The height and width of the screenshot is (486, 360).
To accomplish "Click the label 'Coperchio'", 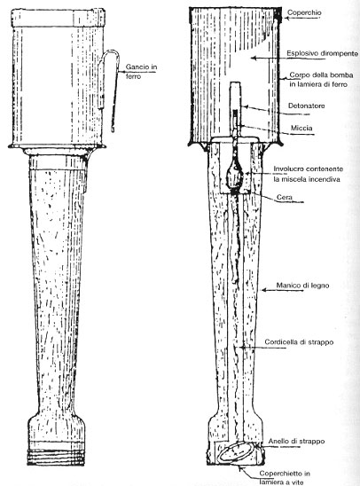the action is (304, 13).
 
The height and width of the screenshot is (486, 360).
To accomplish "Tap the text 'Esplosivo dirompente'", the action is (322, 53).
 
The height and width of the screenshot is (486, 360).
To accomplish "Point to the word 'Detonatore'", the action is (307, 106).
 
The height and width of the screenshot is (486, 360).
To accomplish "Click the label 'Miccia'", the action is (301, 128).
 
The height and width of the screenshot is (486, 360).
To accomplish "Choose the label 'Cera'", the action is (284, 197).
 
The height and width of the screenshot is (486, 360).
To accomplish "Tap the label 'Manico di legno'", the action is (302, 286).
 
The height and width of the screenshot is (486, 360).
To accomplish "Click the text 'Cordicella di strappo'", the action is (299, 342).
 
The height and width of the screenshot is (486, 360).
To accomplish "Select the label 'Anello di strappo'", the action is (296, 441).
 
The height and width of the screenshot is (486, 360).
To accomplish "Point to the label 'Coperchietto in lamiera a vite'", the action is (285, 478).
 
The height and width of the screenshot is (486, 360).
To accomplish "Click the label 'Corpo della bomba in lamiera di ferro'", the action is (321, 80).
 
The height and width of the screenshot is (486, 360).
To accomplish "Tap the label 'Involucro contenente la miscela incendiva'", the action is (308, 174).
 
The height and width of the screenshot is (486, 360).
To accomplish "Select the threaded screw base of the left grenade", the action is (56, 457).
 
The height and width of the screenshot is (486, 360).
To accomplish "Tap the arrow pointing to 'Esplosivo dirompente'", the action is (268, 58).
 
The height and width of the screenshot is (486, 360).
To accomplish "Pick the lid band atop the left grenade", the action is (59, 18).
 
